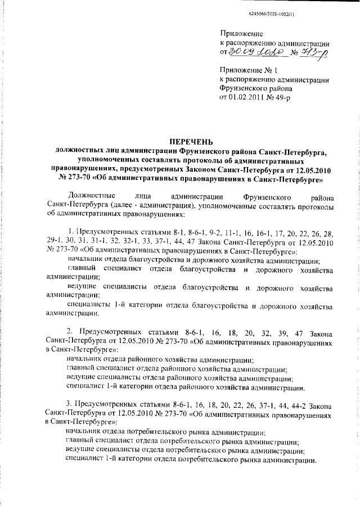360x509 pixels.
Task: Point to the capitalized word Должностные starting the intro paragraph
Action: [x=88, y=196]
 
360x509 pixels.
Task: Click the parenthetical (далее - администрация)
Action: [x=134, y=205]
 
